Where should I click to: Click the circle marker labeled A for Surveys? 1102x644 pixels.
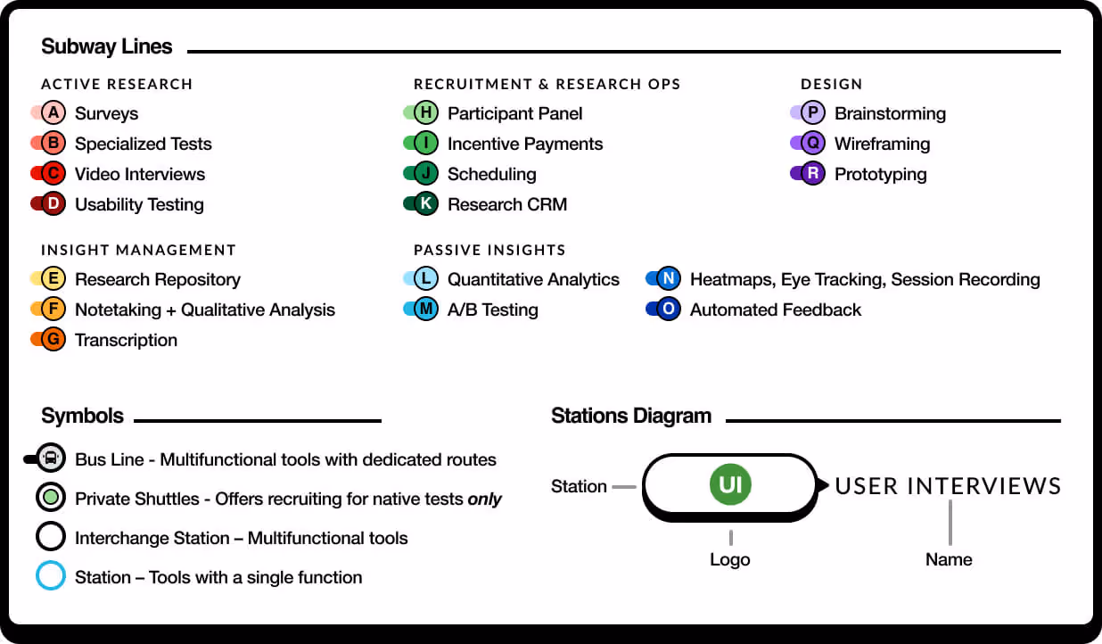[53, 113]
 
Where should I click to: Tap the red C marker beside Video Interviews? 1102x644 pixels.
[53, 174]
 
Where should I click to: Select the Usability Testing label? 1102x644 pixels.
[139, 204]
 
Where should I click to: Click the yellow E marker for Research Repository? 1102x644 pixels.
[53, 279]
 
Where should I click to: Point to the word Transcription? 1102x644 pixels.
[126, 340]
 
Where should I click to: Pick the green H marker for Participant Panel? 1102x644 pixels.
[426, 113]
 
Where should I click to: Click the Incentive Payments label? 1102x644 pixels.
[524, 144]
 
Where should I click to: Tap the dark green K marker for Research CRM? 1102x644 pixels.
[426, 204]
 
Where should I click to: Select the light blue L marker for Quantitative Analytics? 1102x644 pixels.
[426, 279]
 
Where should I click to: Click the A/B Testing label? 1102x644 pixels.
[492, 310]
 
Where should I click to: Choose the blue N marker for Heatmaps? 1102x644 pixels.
[669, 279]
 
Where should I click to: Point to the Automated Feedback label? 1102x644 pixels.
[775, 310]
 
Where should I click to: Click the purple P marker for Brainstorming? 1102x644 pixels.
[813, 113]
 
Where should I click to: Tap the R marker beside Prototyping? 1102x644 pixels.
[813, 174]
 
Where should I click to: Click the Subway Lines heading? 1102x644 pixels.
[107, 47]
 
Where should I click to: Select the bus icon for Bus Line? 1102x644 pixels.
[52, 459]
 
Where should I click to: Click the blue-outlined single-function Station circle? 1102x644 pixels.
[51, 576]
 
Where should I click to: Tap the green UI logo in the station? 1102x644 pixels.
[730, 485]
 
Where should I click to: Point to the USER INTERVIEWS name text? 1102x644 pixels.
[948, 486]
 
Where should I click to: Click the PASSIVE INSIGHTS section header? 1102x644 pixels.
[489, 251]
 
